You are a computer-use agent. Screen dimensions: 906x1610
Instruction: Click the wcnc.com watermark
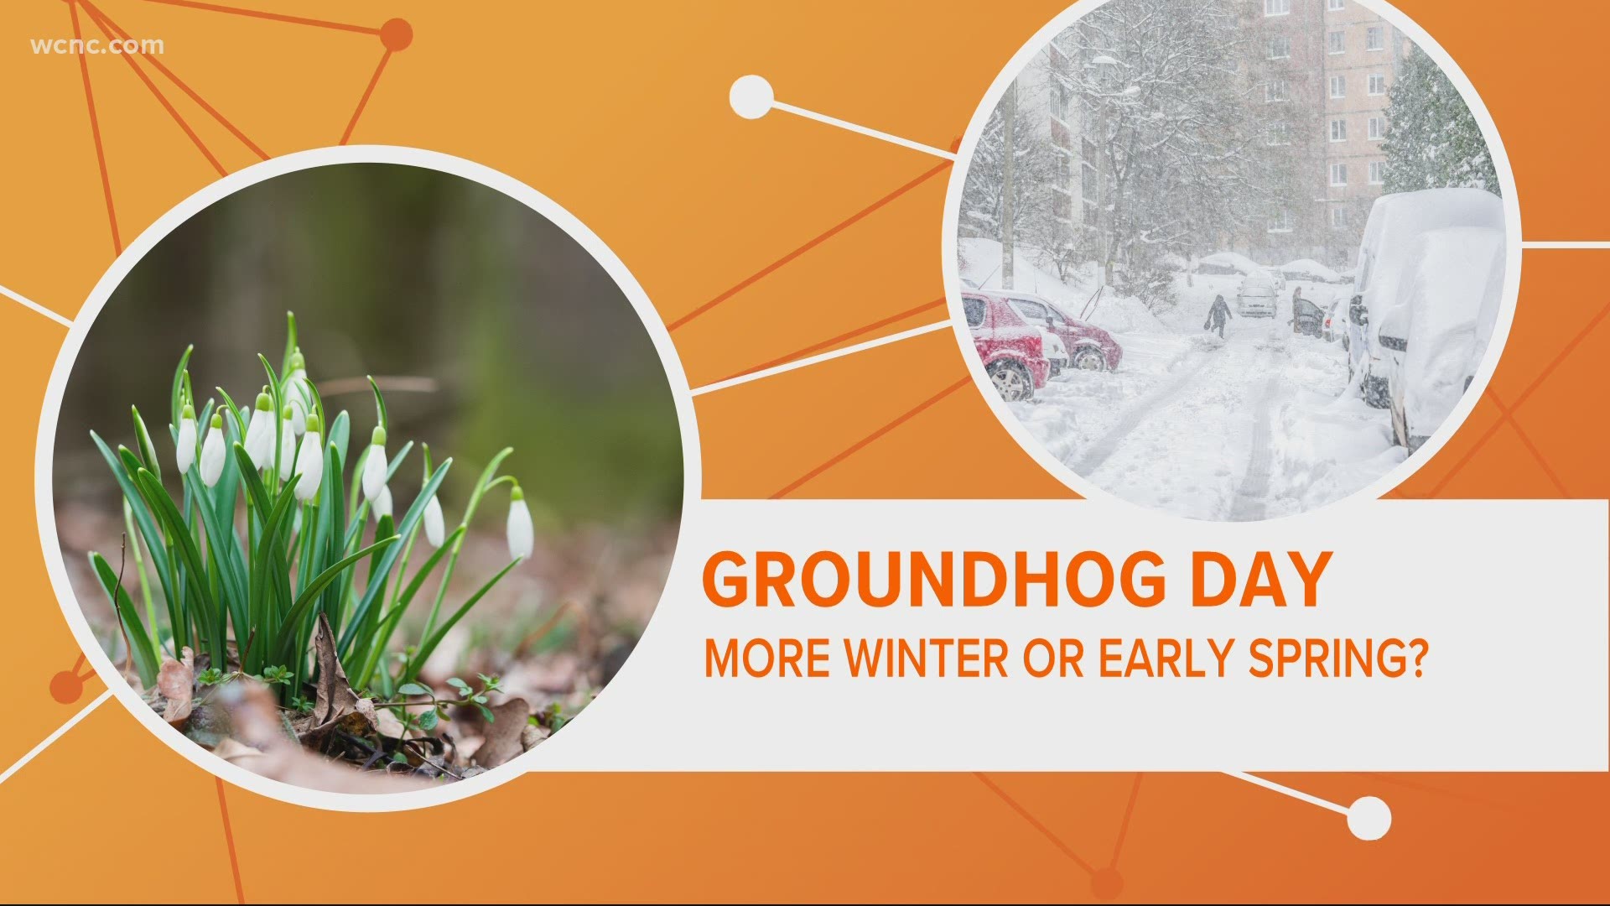pos(97,45)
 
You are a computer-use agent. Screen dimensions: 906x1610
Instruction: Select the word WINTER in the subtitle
pos(926,659)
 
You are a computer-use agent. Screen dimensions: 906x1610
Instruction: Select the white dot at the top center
pos(750,97)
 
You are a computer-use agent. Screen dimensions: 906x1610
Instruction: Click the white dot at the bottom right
pos(1368,817)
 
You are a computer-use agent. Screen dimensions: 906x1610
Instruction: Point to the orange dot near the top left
pos(396,35)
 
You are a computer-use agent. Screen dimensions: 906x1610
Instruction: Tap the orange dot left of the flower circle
pos(66,687)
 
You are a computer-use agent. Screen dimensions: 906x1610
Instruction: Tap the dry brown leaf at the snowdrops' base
pos(331,671)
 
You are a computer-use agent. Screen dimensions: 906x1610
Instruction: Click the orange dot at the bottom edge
pos(1107,883)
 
